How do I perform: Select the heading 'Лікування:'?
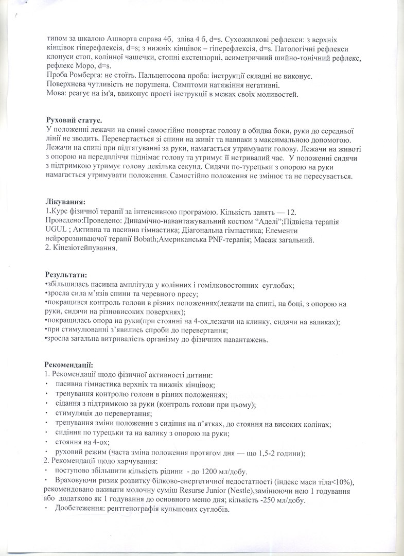tap(65, 201)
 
